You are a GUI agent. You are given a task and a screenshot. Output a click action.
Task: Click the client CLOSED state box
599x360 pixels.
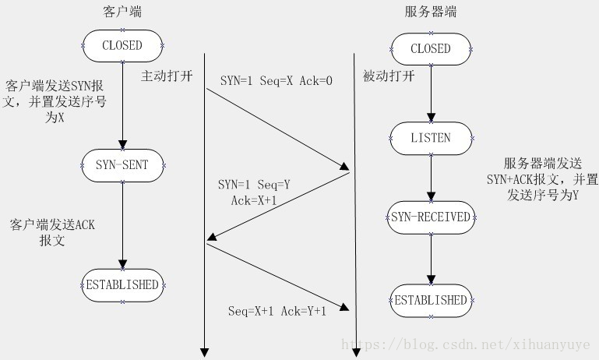coord(122,46)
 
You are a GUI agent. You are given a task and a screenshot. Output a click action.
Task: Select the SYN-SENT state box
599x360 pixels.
coord(122,164)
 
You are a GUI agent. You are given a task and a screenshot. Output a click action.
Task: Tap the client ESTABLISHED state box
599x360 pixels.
coord(122,284)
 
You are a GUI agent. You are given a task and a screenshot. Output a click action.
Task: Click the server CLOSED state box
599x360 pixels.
coord(431,48)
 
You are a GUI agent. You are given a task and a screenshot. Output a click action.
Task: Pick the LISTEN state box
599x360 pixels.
coord(431,138)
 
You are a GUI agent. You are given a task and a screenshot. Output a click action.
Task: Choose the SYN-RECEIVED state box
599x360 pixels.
coord(431,217)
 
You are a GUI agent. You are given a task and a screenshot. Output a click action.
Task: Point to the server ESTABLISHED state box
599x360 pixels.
coord(431,300)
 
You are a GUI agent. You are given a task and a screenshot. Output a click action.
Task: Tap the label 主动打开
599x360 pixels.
coord(166,76)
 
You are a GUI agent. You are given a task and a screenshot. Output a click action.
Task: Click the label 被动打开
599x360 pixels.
coord(389,76)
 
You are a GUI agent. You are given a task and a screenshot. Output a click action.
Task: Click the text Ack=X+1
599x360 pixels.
coord(255,200)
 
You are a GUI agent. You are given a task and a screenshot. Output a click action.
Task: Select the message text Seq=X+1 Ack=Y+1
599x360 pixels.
coord(277,311)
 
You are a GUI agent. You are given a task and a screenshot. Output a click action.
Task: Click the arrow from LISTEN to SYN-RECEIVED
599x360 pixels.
coord(431,177)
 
